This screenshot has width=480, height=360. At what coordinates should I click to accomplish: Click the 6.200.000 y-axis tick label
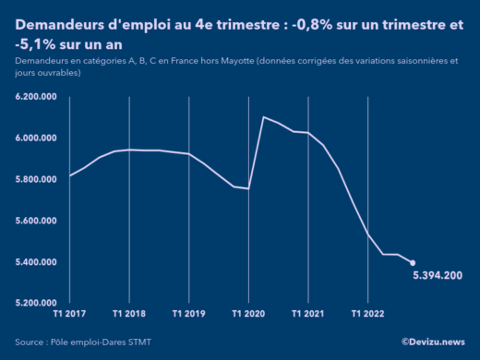coord(36,97)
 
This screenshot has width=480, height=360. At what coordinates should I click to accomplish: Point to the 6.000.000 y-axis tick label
coord(36,138)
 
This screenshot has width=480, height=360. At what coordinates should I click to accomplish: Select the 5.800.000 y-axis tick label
coord(36,179)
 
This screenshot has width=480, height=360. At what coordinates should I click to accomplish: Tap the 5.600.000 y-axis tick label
coord(36,221)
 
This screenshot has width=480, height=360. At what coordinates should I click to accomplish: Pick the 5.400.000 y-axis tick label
coord(36,262)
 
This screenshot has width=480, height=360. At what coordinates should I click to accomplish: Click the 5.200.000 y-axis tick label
coord(36,303)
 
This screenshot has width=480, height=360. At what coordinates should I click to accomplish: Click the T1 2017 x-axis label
coord(70,314)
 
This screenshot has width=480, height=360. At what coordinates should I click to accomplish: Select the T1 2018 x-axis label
coord(129,314)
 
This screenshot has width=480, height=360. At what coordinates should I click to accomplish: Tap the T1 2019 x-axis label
coord(189,314)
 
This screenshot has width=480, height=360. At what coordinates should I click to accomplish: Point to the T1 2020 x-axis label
coord(249,314)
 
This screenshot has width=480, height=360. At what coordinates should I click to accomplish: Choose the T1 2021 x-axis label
coord(308,314)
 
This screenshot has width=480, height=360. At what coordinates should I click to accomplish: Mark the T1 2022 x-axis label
coord(368,314)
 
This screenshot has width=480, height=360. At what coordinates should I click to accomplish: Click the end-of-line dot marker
coord(413,263)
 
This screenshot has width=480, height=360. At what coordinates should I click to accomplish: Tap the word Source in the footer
coord(31,342)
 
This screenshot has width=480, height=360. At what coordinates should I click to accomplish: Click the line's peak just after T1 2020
coord(264,117)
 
